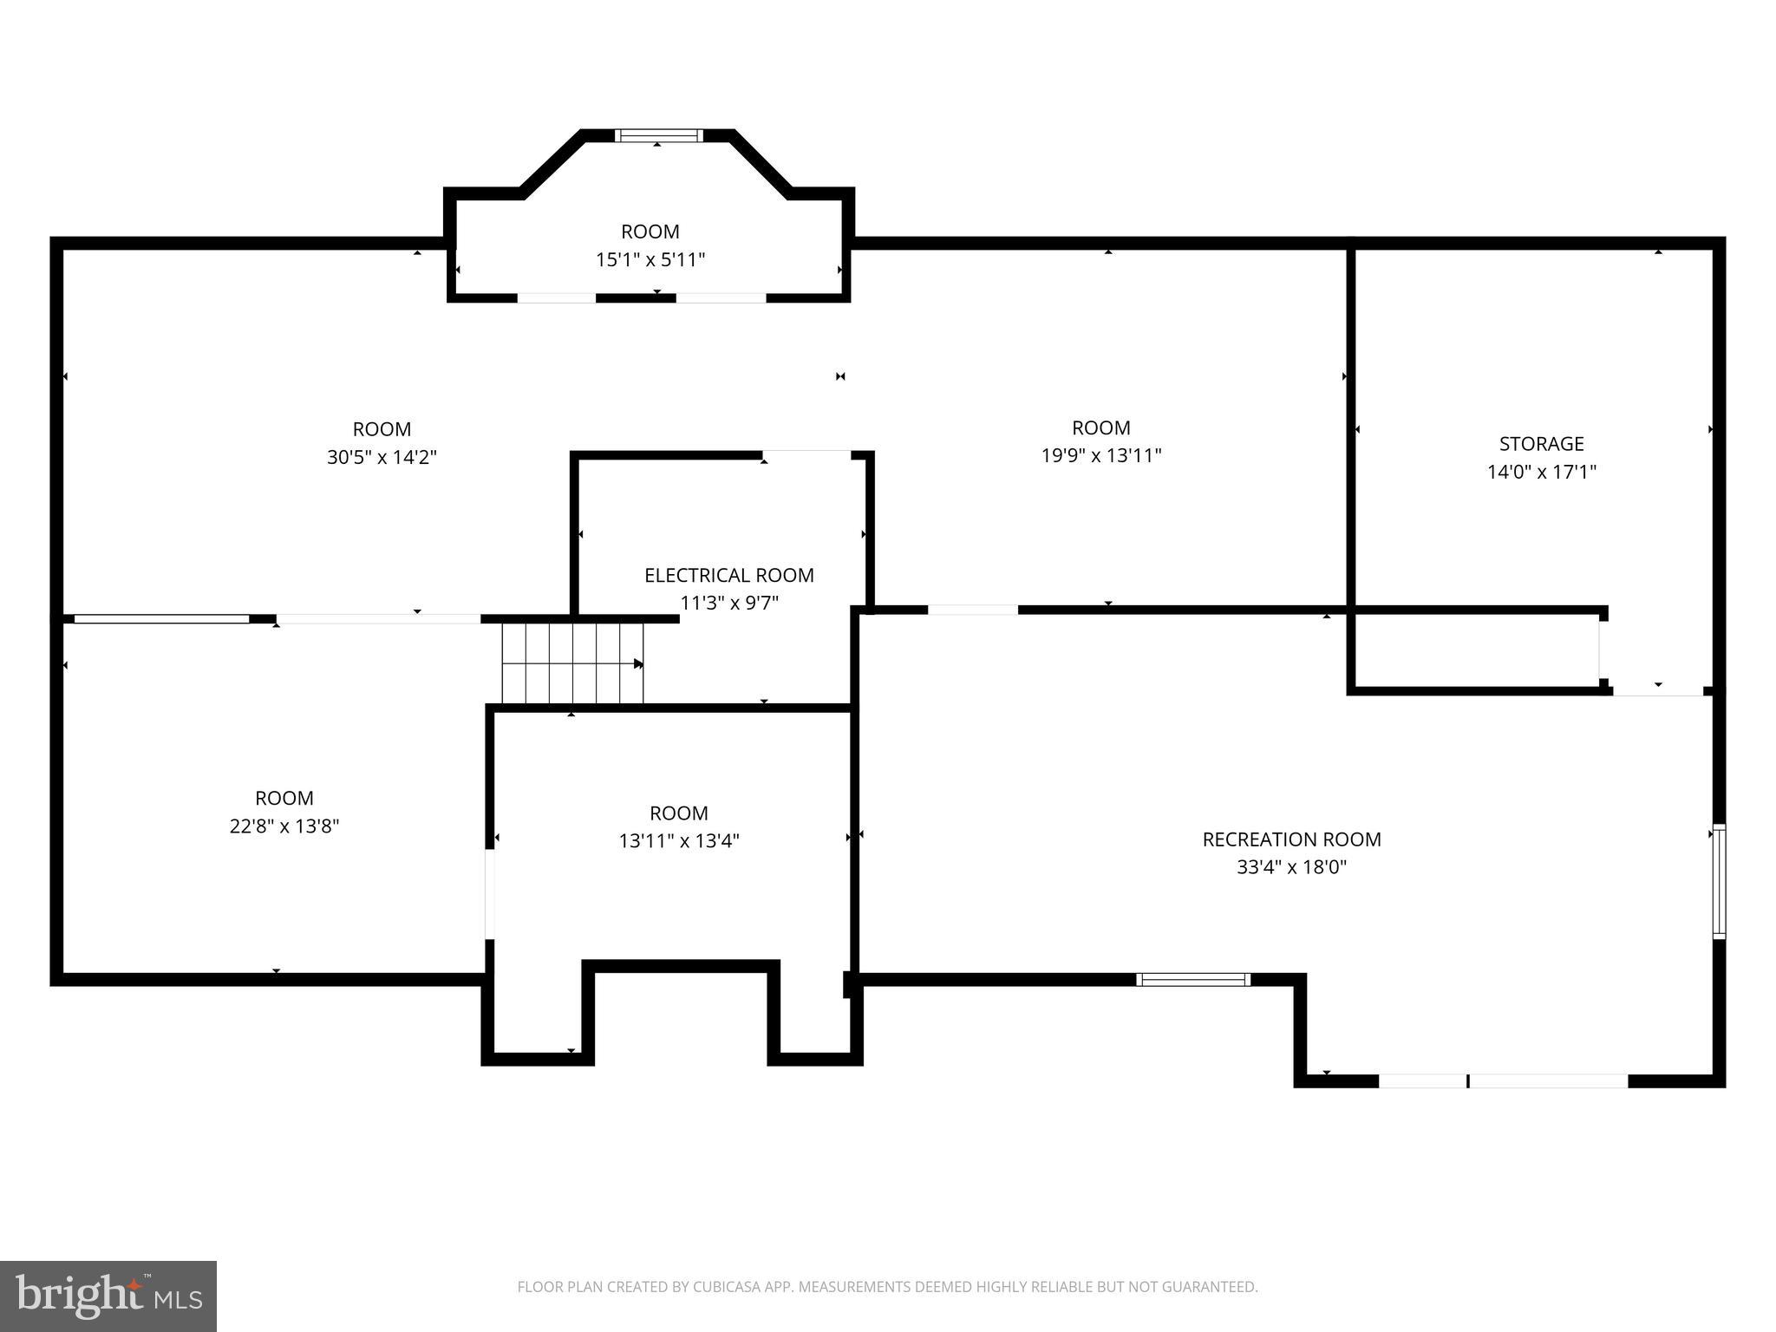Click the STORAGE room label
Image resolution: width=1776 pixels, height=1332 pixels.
1541,444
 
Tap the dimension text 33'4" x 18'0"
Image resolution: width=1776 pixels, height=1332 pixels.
1291,867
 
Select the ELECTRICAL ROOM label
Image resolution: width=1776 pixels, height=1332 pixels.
728,575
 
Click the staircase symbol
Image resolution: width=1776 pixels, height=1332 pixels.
572,664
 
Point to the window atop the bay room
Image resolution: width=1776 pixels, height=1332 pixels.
658,135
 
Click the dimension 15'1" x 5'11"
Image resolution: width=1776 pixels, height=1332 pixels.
650,259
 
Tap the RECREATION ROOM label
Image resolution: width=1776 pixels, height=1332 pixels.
1291,839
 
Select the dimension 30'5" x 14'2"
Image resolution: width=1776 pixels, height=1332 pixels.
382,457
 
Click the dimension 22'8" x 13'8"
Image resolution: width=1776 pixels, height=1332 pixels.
284,826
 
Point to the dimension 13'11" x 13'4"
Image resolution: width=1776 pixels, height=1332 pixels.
678,840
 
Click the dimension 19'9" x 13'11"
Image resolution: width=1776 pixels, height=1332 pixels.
1100,455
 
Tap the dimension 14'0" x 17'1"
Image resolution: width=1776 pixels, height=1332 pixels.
1541,472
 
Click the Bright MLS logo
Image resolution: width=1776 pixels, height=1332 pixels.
108,1296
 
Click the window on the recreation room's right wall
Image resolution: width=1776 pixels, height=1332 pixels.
1718,881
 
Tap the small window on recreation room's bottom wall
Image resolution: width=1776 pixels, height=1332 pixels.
1192,980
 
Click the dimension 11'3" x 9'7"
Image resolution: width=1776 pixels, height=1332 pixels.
728,603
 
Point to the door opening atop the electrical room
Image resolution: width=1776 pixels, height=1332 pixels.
806,454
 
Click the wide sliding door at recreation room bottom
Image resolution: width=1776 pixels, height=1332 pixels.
1503,1081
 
